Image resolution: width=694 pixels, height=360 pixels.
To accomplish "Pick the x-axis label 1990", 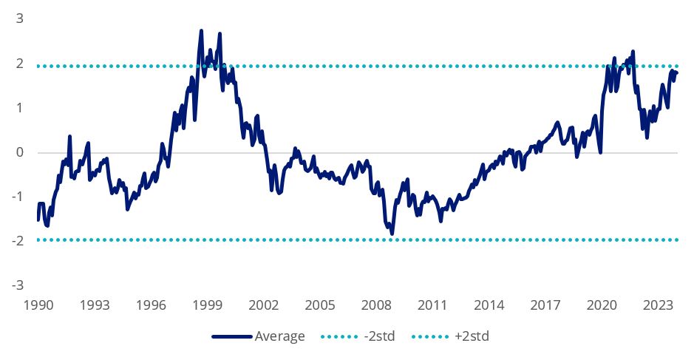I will point(38,305).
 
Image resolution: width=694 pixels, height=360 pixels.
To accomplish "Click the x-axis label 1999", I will point(208,305).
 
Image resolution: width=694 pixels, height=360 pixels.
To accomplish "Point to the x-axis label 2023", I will point(658,305).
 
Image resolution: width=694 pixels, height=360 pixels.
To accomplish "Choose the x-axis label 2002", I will point(264,305).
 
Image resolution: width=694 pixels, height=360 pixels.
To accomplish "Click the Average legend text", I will point(279,337).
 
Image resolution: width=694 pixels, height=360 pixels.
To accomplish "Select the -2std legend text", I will point(378,337).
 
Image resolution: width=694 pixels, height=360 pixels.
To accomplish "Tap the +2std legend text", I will point(473,337).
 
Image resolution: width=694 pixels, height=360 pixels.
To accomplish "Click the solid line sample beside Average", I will point(231,337).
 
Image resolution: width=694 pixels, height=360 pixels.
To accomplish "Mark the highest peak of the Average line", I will point(201,31).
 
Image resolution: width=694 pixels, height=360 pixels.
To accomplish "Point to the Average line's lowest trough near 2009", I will point(392,234).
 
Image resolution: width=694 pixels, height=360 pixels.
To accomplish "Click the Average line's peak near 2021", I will point(633,51).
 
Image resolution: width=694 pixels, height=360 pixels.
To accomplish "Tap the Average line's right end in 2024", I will point(676,72).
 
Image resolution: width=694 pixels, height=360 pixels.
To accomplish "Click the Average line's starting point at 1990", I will point(38,220).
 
